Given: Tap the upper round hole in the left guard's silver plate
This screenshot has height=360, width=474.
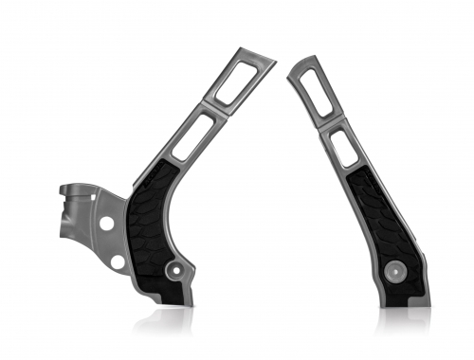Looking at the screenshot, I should tap(107, 224).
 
